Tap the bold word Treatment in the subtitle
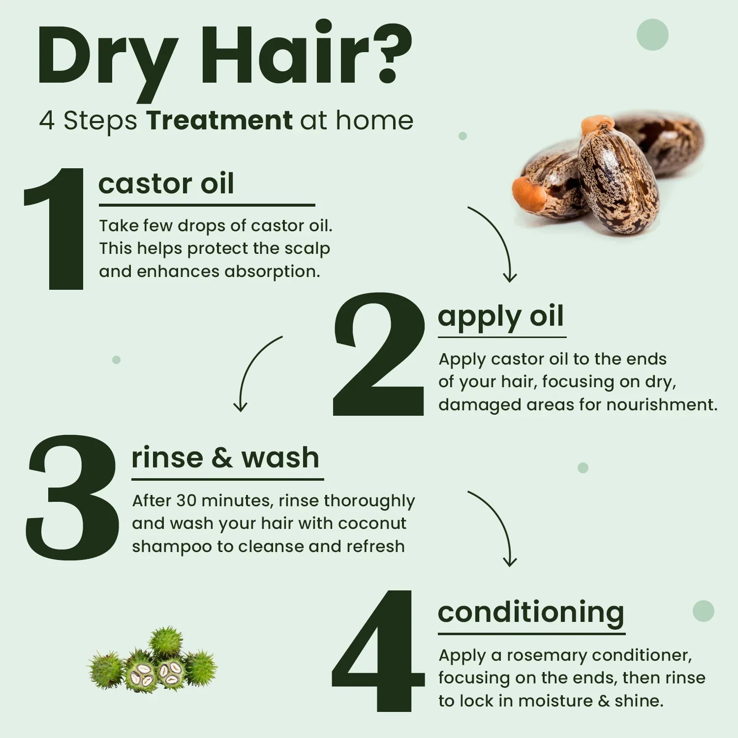219,120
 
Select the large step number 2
378,354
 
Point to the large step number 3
72,497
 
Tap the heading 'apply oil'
500,317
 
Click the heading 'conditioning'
531,614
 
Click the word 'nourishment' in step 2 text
662,404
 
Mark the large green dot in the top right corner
652,34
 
